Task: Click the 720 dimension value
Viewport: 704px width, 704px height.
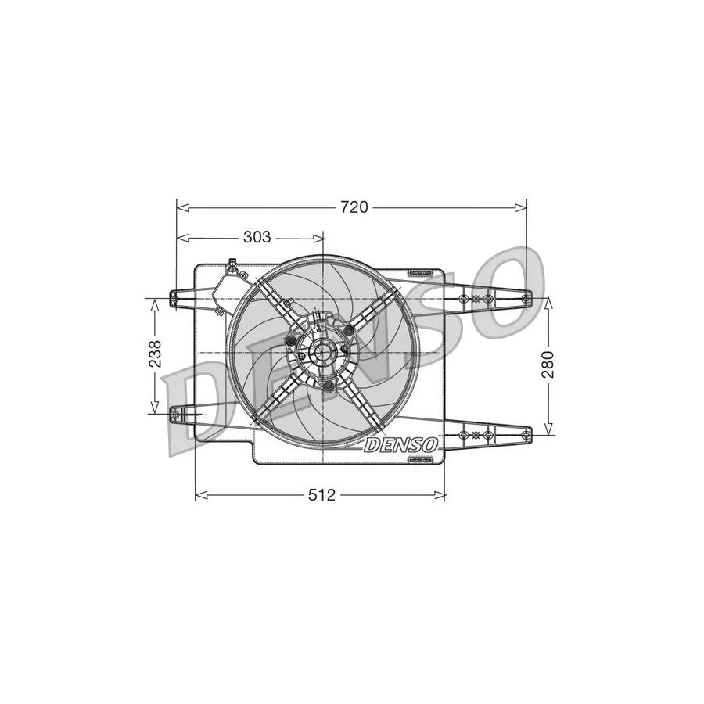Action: [x=354, y=207]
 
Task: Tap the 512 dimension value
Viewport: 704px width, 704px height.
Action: [x=321, y=494]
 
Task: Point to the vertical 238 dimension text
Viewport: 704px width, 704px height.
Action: [x=155, y=354]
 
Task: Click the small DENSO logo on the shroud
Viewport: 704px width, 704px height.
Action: [x=400, y=444]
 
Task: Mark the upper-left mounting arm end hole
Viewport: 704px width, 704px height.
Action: [x=175, y=296]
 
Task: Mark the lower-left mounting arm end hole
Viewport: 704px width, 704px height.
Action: [x=175, y=411]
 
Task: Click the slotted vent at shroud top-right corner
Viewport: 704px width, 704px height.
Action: [x=420, y=273]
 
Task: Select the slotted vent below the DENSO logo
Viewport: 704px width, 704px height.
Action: [x=421, y=460]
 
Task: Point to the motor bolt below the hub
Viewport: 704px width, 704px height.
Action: [x=329, y=386]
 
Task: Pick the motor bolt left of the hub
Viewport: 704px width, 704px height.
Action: [x=292, y=341]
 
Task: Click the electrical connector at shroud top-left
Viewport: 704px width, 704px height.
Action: [x=232, y=267]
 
